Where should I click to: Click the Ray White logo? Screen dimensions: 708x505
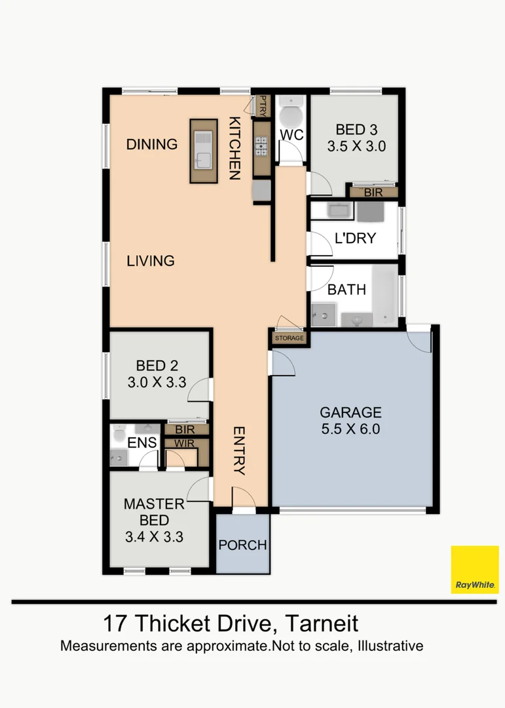click(x=475, y=570)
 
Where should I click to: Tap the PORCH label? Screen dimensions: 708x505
click(x=242, y=545)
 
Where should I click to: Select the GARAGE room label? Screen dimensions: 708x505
click(x=350, y=412)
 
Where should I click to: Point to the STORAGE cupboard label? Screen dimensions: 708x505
click(x=289, y=338)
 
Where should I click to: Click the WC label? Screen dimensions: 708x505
click(x=291, y=135)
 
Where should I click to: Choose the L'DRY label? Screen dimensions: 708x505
click(x=355, y=238)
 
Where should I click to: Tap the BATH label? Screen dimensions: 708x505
click(x=346, y=289)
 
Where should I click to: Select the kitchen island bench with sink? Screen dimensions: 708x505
click(x=203, y=151)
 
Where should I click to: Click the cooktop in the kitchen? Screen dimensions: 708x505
click(x=261, y=145)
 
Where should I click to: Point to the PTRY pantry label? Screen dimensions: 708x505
click(x=263, y=106)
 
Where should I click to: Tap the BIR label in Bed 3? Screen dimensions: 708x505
click(x=373, y=193)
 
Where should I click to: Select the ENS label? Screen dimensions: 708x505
click(x=141, y=442)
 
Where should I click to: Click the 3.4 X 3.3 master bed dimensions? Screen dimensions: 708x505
click(x=154, y=538)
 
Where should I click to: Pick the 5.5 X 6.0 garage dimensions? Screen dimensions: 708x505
click(x=350, y=430)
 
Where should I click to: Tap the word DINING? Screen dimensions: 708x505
click(x=152, y=144)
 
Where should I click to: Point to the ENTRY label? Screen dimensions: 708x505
click(x=238, y=450)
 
